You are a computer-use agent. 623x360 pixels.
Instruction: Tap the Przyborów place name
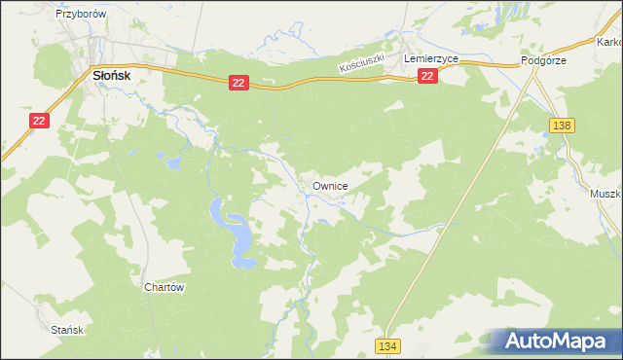coord(80,15)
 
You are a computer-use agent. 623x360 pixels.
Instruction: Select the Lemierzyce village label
coord(430,59)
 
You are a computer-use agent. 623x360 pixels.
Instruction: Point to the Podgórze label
coord(543,59)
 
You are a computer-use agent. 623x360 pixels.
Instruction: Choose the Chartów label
coord(164,287)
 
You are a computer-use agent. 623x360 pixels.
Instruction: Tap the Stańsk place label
coord(70,330)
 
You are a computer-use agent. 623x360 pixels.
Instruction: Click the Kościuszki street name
coord(363,64)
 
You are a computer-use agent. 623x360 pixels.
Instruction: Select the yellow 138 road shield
coord(561,126)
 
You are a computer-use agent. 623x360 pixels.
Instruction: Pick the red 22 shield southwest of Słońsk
coord(38,120)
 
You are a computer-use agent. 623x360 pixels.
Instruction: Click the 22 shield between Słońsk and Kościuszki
coord(238,84)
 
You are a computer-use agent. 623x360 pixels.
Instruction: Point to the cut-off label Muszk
coord(605,194)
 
